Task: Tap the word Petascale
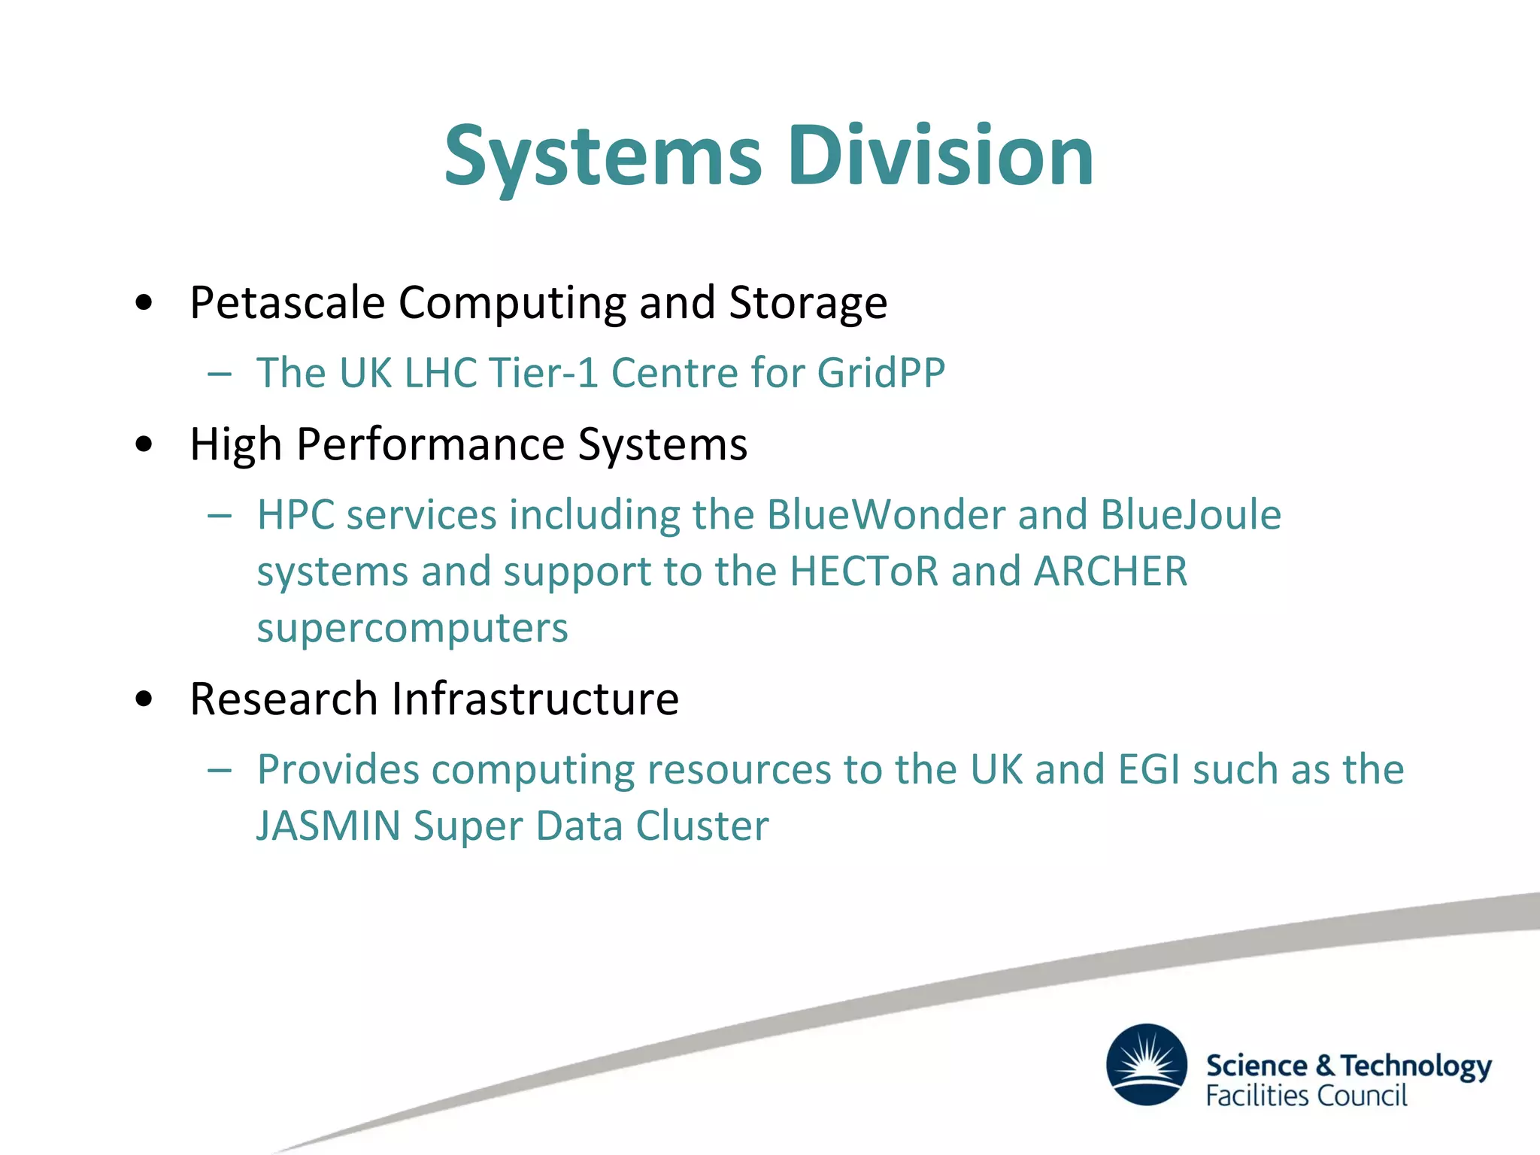click(x=287, y=303)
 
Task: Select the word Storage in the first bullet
click(x=808, y=303)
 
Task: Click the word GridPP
click(x=881, y=373)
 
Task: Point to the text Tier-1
click(x=542, y=373)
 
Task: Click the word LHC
click(x=440, y=373)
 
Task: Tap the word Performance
click(x=430, y=444)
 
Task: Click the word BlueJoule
click(x=1190, y=515)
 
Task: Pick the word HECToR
click(x=864, y=571)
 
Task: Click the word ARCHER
click(x=1110, y=571)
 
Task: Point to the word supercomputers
click(x=412, y=629)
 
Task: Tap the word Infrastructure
click(x=535, y=699)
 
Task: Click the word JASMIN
click(x=329, y=826)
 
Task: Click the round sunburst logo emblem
click(x=1146, y=1064)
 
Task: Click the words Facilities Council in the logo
click(x=1306, y=1096)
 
